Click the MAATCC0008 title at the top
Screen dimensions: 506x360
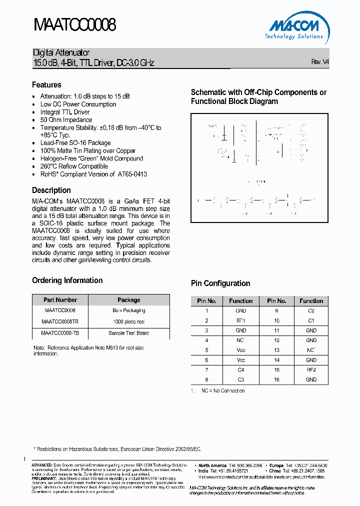click(75, 24)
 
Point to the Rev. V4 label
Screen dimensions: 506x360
click(320, 62)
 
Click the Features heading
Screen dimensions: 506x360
click(46, 85)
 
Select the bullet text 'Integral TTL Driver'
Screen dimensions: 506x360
click(65, 112)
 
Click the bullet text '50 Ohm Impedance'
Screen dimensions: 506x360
click(66, 120)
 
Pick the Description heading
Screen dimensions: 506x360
click(51, 190)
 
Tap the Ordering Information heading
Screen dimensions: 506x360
click(67, 280)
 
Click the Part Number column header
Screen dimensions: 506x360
click(60, 300)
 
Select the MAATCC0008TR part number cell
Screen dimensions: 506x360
click(60, 321)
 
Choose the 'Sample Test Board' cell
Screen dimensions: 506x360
click(128, 333)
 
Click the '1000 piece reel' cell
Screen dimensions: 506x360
click(128, 321)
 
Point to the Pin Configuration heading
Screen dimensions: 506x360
click(220, 283)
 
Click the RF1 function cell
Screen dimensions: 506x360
click(241, 320)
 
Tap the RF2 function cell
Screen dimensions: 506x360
click(311, 369)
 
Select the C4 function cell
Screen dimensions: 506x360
click(241, 369)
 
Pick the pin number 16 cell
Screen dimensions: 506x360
click(276, 379)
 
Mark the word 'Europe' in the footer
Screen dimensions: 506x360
click(276, 465)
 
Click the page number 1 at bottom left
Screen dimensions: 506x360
click(24, 459)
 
